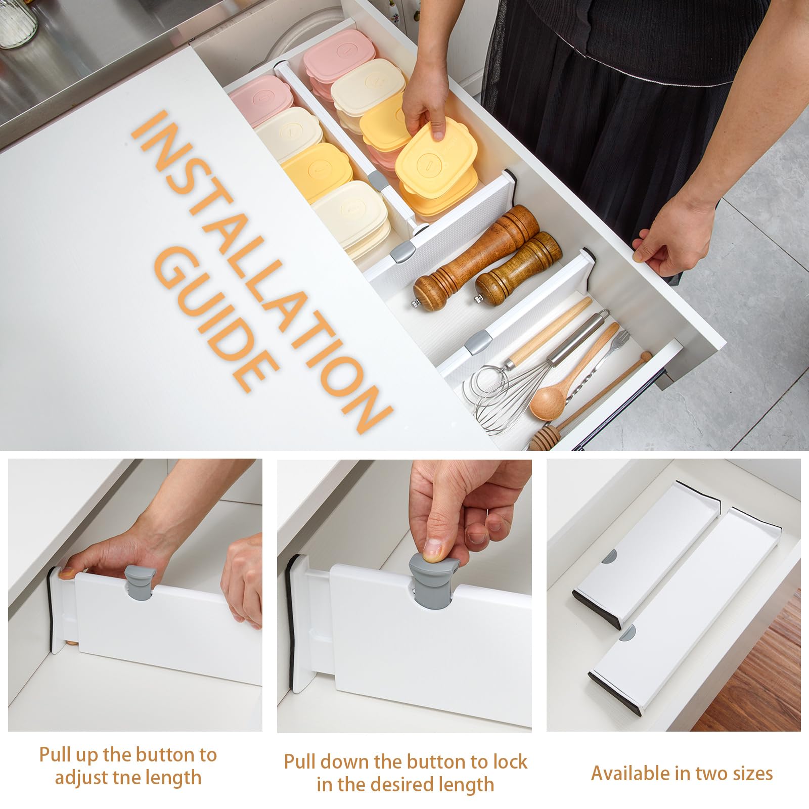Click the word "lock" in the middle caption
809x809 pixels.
tap(508, 762)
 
